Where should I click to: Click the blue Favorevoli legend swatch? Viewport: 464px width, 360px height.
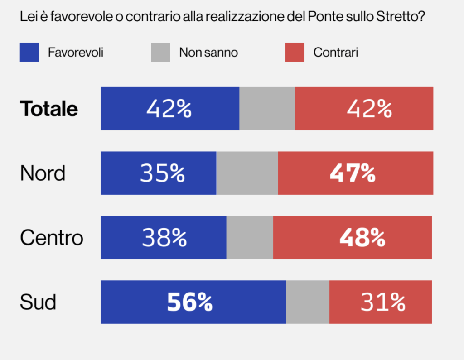[29, 52]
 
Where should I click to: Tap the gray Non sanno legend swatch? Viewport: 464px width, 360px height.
[160, 52]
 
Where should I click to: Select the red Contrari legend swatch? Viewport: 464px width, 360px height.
[295, 52]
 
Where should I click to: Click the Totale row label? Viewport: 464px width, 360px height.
[49, 109]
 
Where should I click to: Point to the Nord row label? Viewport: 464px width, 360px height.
[43, 173]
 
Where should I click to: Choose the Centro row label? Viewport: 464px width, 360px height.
[51, 238]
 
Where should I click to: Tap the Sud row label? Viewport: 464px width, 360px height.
[38, 302]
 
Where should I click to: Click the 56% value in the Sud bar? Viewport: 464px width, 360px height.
[189, 302]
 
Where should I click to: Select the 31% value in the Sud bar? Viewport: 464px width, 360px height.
[383, 302]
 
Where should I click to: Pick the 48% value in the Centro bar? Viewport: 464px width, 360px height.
[362, 238]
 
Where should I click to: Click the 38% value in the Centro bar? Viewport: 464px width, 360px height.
[164, 238]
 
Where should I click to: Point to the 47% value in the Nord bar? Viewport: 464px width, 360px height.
[353, 173]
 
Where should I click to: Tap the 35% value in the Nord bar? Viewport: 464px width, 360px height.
[162, 173]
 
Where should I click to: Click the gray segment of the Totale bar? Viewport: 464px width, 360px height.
[267, 109]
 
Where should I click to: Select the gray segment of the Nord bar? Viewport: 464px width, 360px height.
[247, 173]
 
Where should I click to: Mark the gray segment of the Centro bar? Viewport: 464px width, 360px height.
[250, 238]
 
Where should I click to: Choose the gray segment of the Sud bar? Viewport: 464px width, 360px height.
[308, 302]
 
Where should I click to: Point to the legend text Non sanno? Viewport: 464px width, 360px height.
[208, 53]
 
